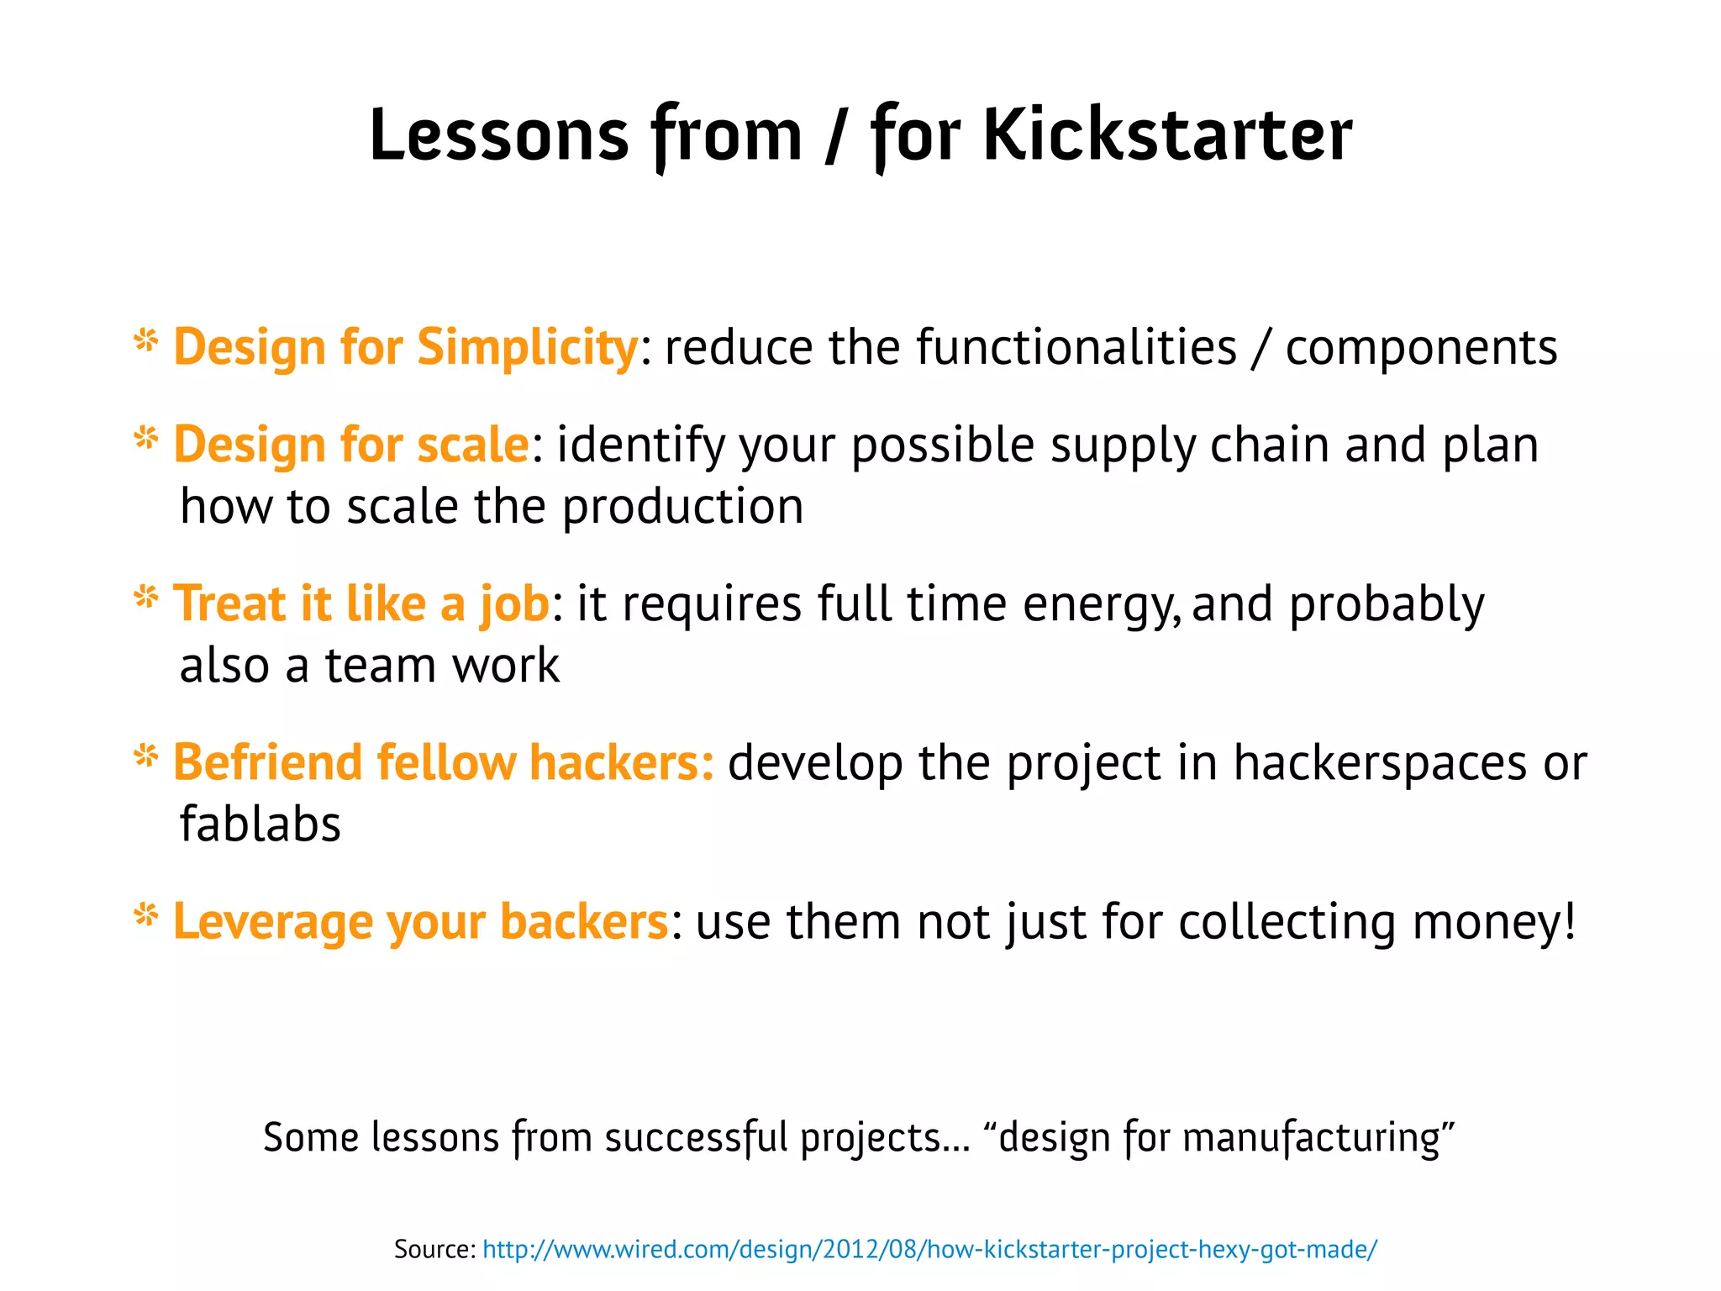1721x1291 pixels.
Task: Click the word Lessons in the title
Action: click(499, 136)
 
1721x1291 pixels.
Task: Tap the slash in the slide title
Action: click(835, 136)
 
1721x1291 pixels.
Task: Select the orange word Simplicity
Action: click(528, 347)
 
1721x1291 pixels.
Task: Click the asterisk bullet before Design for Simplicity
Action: click(146, 341)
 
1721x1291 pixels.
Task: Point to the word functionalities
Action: click(1076, 347)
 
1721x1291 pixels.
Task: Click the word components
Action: click(1421, 347)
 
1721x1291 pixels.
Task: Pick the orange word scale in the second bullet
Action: click(472, 445)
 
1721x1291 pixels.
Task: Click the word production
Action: click(682, 507)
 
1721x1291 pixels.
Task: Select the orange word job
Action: click(514, 604)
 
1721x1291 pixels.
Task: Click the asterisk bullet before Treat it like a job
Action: click(146, 598)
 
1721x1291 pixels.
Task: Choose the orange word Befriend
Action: click(267, 762)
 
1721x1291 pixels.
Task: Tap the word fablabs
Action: click(261, 824)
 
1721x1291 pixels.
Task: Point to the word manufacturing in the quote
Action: click(1311, 1138)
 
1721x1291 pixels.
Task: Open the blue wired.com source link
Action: click(929, 1249)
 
